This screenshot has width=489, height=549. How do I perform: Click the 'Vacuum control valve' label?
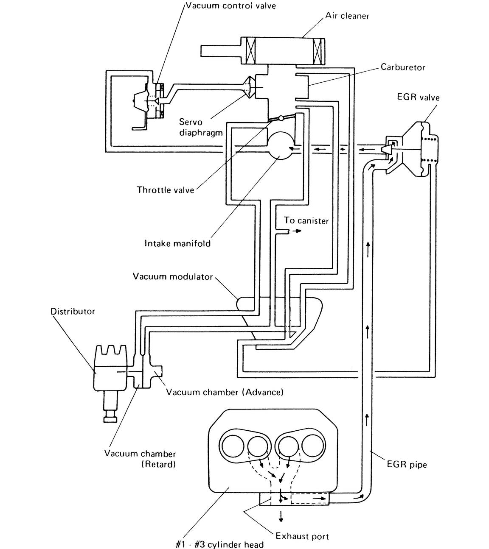click(230, 6)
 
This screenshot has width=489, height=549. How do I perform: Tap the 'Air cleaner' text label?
click(347, 16)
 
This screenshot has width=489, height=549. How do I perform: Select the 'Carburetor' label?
click(403, 67)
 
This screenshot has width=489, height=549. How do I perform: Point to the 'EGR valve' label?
click(418, 97)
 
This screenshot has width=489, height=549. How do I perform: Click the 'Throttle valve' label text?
click(166, 190)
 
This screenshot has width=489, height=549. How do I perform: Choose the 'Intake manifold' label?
click(177, 243)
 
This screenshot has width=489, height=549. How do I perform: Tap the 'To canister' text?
click(306, 220)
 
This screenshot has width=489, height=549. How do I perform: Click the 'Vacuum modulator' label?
click(173, 277)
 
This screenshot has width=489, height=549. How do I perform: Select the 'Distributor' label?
click(73, 311)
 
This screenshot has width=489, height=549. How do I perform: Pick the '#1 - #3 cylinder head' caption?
click(219, 544)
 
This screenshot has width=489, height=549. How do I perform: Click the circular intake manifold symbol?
click(281, 145)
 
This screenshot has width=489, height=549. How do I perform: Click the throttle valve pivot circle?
click(281, 118)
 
